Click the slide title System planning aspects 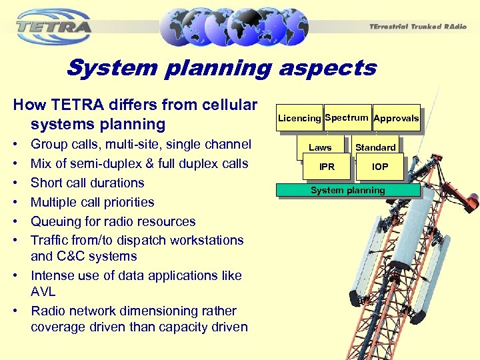221,68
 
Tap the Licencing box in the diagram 299,118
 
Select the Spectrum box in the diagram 347,117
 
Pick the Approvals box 396,118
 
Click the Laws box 320,147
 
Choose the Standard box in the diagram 375,147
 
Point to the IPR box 327,167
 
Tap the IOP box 380,167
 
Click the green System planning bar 348,191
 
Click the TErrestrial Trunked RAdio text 417,26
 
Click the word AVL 43,291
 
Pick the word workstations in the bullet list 205,240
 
